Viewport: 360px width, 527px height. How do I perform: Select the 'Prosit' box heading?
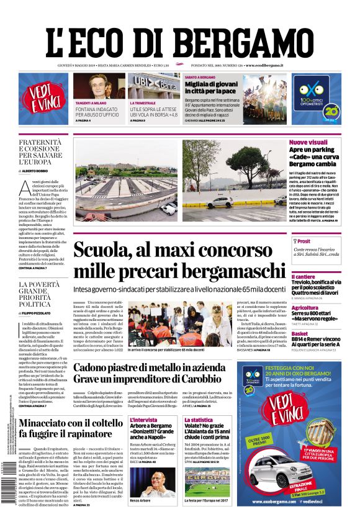[304, 241]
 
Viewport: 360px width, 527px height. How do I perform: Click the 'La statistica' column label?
[197, 420]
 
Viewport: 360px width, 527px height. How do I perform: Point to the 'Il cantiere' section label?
[303, 276]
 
